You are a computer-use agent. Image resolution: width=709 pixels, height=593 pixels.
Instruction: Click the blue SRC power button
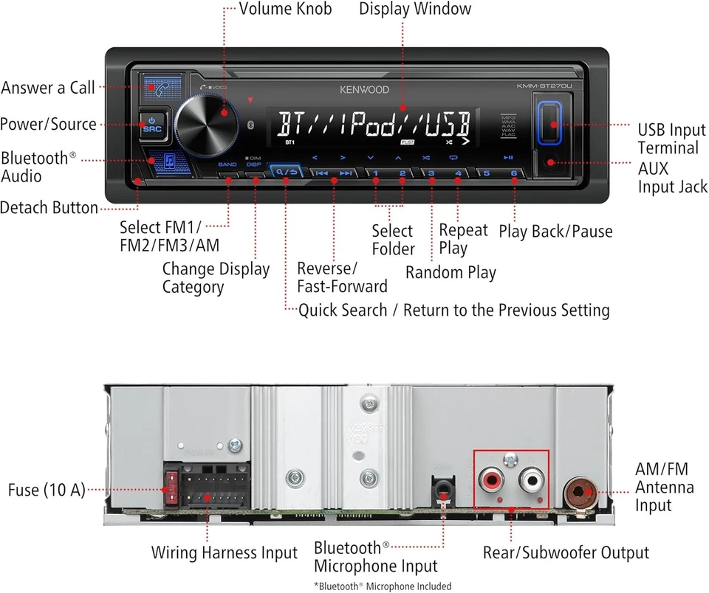(x=151, y=124)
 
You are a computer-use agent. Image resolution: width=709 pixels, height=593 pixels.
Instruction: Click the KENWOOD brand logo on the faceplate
(x=364, y=90)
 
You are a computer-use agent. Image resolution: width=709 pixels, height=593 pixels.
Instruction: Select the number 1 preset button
(x=375, y=174)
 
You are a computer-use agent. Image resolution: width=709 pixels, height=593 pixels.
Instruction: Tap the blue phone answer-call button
(x=158, y=87)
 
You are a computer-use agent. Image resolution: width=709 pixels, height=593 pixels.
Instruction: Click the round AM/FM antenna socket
(x=580, y=491)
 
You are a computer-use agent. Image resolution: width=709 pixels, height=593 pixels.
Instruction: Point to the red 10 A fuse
(x=171, y=488)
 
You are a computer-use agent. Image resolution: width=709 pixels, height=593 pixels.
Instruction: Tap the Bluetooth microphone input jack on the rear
(x=443, y=489)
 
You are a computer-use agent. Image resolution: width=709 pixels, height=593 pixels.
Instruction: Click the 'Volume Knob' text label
(x=285, y=9)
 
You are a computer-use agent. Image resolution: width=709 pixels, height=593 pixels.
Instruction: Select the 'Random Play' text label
(x=451, y=272)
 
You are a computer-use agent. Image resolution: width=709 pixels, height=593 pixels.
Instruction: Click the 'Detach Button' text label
(x=49, y=208)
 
